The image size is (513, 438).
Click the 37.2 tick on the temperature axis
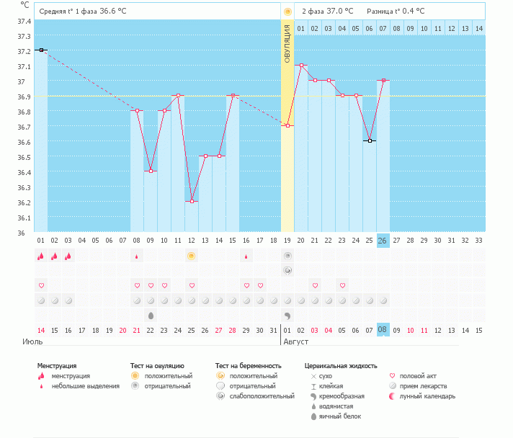tap(23, 51)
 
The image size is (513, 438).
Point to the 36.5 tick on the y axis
tap(23, 157)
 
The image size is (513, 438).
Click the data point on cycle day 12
tap(192, 202)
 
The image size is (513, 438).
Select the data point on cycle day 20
tap(301, 65)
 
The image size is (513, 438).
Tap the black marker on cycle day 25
tap(369, 140)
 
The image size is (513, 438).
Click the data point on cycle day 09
tap(151, 171)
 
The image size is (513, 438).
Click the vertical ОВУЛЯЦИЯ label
tap(287, 43)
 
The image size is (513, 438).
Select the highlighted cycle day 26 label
tap(383, 241)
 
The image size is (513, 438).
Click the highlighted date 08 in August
tap(383, 330)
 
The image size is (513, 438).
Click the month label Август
tap(296, 341)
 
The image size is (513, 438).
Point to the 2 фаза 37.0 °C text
tap(327, 12)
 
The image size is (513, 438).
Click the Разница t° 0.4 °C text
tap(396, 12)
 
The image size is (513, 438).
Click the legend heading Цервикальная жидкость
tap(341, 366)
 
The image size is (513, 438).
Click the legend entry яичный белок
tap(341, 416)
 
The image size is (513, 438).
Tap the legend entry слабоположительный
tap(261, 396)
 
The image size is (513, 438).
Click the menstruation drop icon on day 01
tap(41, 256)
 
